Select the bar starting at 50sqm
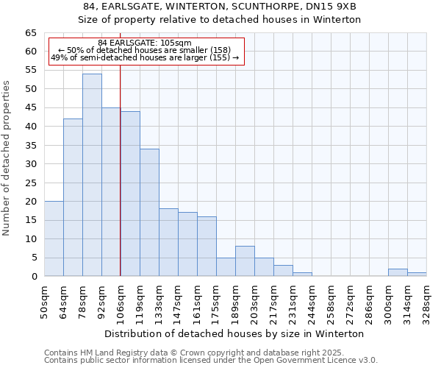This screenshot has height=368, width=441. click(54, 238)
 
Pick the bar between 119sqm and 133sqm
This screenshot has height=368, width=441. click(149, 213)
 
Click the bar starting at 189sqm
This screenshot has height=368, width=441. click(245, 261)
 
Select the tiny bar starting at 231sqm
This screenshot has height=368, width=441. click(302, 275)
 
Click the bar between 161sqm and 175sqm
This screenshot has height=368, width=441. click(207, 247)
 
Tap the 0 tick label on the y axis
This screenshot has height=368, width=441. click(34, 277)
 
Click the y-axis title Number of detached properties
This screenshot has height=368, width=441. click(7, 158)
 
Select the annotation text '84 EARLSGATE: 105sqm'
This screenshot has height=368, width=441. click(145, 43)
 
